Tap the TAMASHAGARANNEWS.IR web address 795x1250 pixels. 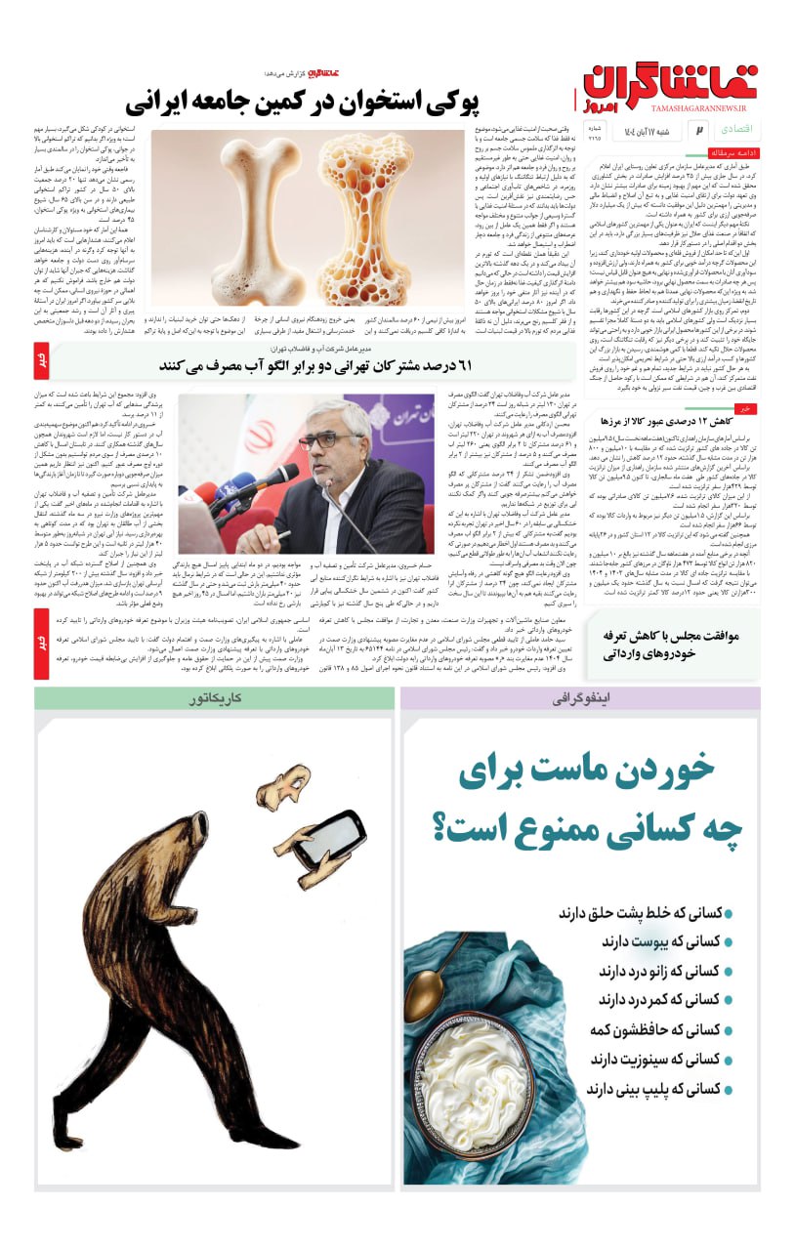[x=685, y=110]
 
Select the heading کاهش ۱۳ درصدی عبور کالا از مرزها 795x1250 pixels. [x=680, y=420]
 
